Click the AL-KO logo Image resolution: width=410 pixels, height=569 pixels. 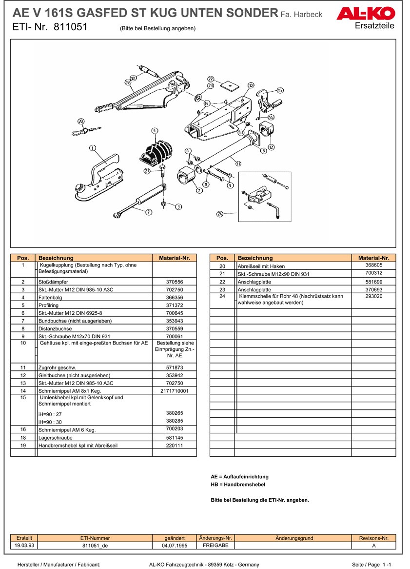(x=365, y=15)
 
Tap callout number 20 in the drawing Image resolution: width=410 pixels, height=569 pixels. (x=81, y=122)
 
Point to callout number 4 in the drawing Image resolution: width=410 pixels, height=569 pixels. (x=155, y=131)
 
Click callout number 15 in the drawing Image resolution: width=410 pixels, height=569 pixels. (x=280, y=90)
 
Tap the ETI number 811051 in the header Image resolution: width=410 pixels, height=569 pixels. (x=70, y=27)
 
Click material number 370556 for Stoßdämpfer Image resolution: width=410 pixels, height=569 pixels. (x=174, y=282)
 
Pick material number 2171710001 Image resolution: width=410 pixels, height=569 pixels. (x=174, y=391)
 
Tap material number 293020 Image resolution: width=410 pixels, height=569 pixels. (x=373, y=296)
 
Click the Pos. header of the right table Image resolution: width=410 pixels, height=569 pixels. (x=222, y=258)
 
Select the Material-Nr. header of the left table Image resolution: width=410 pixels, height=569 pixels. (x=174, y=258)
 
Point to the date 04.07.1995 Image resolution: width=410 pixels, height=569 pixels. (x=174, y=546)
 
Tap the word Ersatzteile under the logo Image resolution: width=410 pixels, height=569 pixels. (x=375, y=25)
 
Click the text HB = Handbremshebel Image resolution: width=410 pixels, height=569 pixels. (x=238, y=485)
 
